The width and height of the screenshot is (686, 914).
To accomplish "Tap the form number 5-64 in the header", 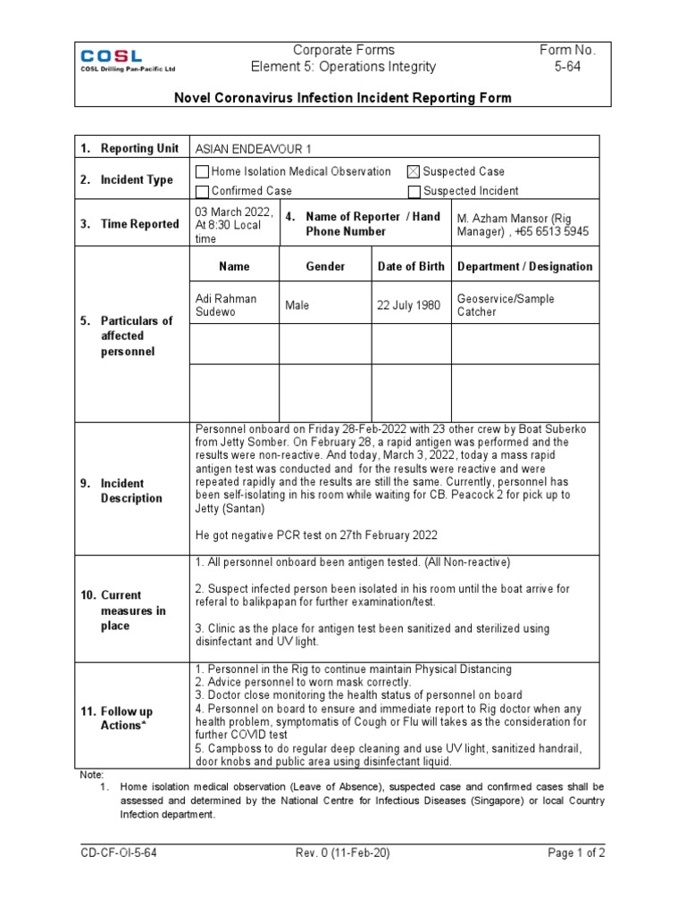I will pyautogui.click(x=566, y=67).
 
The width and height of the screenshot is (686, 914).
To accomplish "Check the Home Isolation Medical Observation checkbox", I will pyautogui.click(x=202, y=171).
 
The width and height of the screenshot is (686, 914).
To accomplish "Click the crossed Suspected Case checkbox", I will pyautogui.click(x=413, y=171).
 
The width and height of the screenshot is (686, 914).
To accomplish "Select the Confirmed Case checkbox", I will pyautogui.click(x=202, y=191).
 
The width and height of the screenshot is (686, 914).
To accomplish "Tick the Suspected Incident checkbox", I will pyautogui.click(x=413, y=191).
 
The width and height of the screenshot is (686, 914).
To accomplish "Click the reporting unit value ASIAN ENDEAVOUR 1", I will pyautogui.click(x=254, y=148).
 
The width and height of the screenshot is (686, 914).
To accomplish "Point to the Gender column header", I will pyautogui.click(x=325, y=267).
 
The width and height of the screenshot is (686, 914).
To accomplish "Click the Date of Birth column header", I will pyautogui.click(x=410, y=267).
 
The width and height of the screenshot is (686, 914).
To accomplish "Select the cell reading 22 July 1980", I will pyautogui.click(x=409, y=305).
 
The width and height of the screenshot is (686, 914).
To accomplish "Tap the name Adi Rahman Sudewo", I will pyautogui.click(x=225, y=305).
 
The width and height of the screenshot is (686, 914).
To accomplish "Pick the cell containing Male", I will pyautogui.click(x=297, y=305).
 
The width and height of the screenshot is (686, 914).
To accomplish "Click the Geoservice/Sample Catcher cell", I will pyautogui.click(x=506, y=305).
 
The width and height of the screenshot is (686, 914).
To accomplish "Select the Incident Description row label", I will pyautogui.click(x=130, y=491).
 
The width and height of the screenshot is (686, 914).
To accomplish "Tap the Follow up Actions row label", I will pyautogui.click(x=126, y=719).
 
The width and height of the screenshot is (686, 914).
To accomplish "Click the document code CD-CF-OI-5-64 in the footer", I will pyautogui.click(x=119, y=853).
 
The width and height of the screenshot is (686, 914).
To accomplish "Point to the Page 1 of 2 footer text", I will pyautogui.click(x=576, y=853).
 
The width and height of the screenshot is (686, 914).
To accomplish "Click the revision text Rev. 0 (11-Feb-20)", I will pyautogui.click(x=342, y=853).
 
